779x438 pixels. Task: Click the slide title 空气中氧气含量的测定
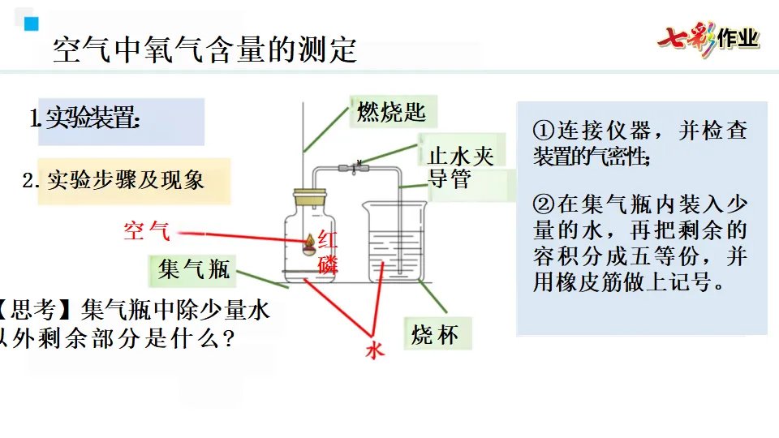[204, 50]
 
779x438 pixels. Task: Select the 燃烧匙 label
[391, 111]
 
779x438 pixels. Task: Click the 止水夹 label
[460, 155]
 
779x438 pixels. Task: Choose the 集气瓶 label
[194, 268]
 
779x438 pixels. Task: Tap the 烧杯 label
[435, 333]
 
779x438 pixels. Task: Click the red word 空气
[147, 231]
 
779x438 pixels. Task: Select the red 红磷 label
[327, 251]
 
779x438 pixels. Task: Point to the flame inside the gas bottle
[309, 241]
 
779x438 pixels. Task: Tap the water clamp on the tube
[356, 168]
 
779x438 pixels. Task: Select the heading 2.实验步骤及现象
[113, 180]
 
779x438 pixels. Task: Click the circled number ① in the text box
[543, 131]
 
